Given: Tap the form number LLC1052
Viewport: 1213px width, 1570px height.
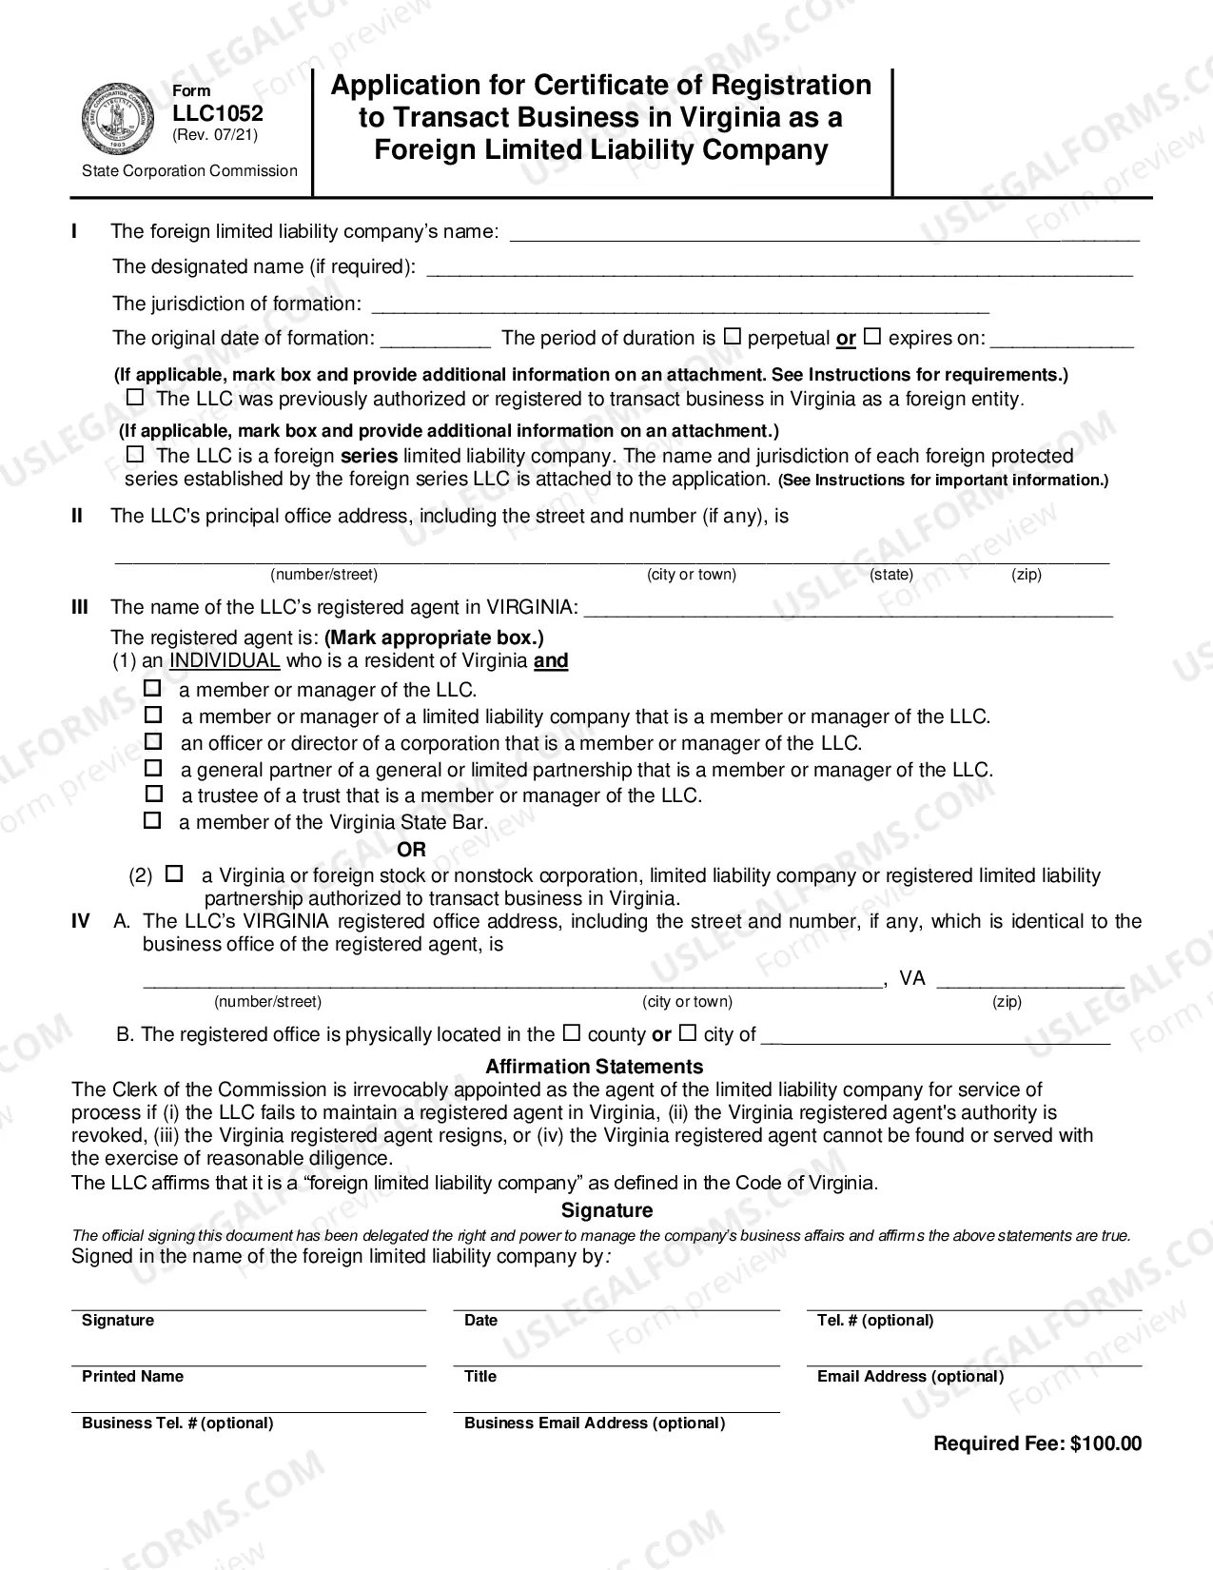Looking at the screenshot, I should (x=218, y=113).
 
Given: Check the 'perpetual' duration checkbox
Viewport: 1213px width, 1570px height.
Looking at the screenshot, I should (x=732, y=336).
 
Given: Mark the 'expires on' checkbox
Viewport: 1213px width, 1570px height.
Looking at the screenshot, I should (x=871, y=336).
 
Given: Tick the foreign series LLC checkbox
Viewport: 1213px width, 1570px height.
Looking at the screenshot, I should (x=135, y=454).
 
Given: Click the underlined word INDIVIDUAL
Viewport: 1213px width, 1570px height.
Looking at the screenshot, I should (x=225, y=660).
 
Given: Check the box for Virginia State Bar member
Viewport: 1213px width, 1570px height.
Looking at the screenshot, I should (x=152, y=820).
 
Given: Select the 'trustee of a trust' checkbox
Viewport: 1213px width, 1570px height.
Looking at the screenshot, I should (x=153, y=794).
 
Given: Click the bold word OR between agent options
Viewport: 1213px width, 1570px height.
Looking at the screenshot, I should (x=411, y=849).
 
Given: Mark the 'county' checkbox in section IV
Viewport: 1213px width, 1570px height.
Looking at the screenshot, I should (x=571, y=1032).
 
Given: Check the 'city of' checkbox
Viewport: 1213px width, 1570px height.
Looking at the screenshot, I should (x=687, y=1032).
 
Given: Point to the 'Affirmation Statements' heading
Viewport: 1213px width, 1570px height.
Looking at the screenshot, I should (x=594, y=1067).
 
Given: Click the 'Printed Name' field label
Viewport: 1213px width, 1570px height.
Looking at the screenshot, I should (x=132, y=1376).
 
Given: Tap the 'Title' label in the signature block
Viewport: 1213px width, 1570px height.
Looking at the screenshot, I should (x=480, y=1376).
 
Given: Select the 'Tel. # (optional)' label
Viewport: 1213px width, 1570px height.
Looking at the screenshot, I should (x=874, y=1320).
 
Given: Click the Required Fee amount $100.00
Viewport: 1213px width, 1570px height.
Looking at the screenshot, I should (x=1105, y=1443).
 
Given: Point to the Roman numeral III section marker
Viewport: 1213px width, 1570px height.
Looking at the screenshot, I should (x=80, y=607).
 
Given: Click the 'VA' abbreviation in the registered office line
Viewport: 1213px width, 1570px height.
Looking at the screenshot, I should (x=911, y=978).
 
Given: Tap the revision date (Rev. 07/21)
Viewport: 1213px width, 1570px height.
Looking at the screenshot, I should (x=215, y=135).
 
